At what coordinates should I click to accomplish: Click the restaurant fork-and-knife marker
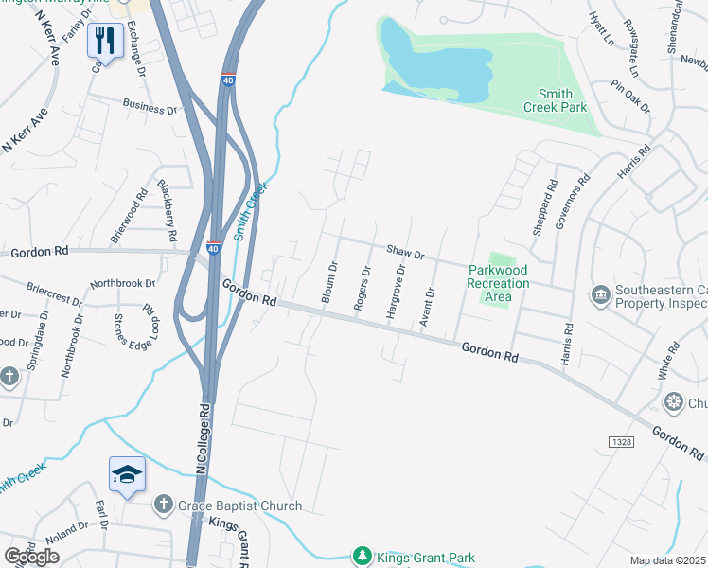[104, 40]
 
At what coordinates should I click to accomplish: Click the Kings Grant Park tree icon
[360, 556]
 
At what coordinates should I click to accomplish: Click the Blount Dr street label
[330, 283]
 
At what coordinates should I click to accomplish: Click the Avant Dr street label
[428, 304]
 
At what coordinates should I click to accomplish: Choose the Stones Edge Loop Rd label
[133, 328]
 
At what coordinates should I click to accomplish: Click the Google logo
[32, 556]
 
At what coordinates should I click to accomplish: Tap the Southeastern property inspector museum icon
[598, 294]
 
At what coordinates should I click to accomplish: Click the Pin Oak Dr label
[630, 96]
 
